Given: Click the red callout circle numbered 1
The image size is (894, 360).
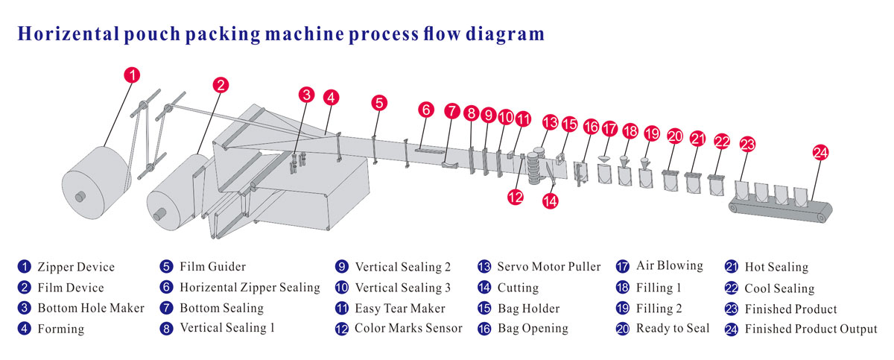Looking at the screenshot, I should tap(131, 75).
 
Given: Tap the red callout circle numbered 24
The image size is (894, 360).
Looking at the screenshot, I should tap(819, 153).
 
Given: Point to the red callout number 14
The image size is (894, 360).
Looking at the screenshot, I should tap(551, 200).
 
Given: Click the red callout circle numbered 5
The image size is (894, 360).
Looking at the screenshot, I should tap(379, 103).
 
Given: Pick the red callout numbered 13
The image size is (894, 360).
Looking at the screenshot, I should tap(550, 121).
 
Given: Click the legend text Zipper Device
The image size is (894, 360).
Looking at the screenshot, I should tap(76, 267).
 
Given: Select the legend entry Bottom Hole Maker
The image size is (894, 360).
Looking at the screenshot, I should tap(90, 308).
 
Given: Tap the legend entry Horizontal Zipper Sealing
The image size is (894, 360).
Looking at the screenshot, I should tap(250, 287).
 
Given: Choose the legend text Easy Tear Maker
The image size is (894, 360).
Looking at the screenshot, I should tap(400, 308).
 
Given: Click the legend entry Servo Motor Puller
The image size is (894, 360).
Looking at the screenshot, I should tap(548, 267).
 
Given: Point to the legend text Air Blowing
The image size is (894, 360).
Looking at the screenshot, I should tap(669, 265).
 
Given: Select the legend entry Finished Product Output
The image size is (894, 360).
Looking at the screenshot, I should tap(811, 329).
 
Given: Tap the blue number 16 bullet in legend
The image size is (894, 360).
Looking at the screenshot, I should tap(485, 329).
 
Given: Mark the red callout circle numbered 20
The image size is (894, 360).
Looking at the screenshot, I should tap(675, 136).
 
